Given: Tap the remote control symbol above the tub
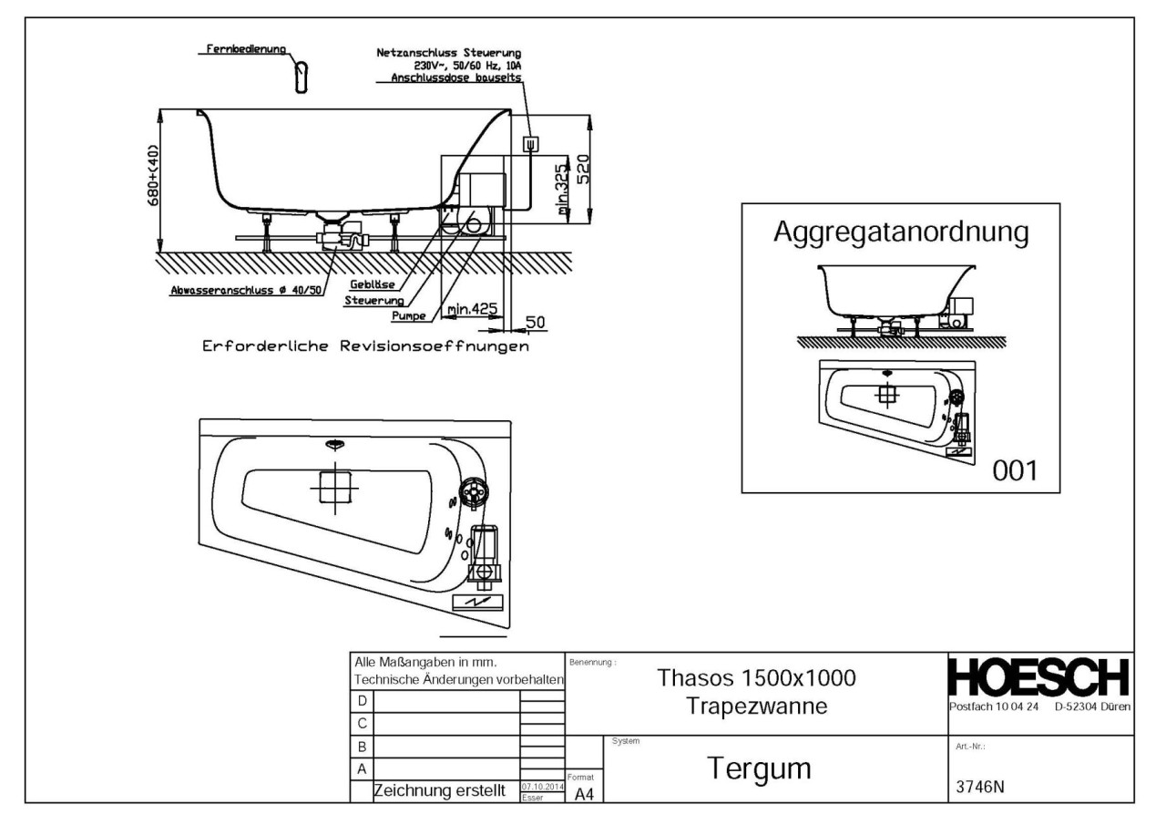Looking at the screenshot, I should (x=302, y=76).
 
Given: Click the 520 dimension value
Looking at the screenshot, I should (x=584, y=170).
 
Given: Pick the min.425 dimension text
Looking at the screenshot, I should (x=473, y=309).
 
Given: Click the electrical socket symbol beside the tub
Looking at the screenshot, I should (x=529, y=143).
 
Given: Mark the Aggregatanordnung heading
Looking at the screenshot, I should (x=900, y=232).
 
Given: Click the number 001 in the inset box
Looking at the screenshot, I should (x=1013, y=470).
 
